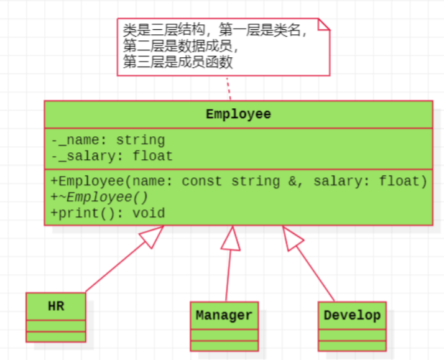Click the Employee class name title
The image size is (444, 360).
238,114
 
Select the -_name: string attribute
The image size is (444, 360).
108,140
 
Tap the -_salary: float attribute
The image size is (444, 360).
112,155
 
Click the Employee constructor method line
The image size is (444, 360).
239,181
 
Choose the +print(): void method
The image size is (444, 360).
108,213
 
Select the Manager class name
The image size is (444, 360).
224,315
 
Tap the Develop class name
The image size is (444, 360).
352,315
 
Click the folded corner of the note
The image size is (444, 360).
323,24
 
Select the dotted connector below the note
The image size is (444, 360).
228,88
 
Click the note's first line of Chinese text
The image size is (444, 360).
215,31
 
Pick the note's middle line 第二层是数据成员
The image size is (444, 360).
181,47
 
